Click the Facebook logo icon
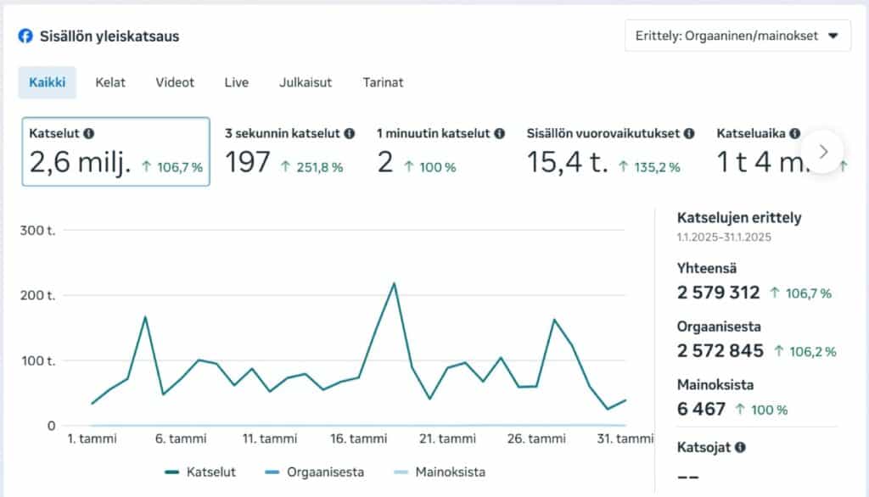[x=25, y=36]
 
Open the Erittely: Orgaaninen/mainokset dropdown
[x=737, y=36]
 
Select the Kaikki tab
[x=48, y=83]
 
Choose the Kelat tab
[x=110, y=83]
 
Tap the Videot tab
[x=175, y=83]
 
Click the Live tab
[x=237, y=83]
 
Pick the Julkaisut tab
[x=306, y=83]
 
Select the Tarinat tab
[x=383, y=83]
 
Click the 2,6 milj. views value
[x=81, y=162]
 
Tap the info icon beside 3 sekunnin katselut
[x=350, y=134]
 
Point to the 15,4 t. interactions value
[x=567, y=162]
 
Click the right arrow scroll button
[x=822, y=151]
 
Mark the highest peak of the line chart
[x=394, y=283]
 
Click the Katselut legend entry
[x=200, y=472]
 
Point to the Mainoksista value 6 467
[x=701, y=410]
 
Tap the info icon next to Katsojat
[x=741, y=446]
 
